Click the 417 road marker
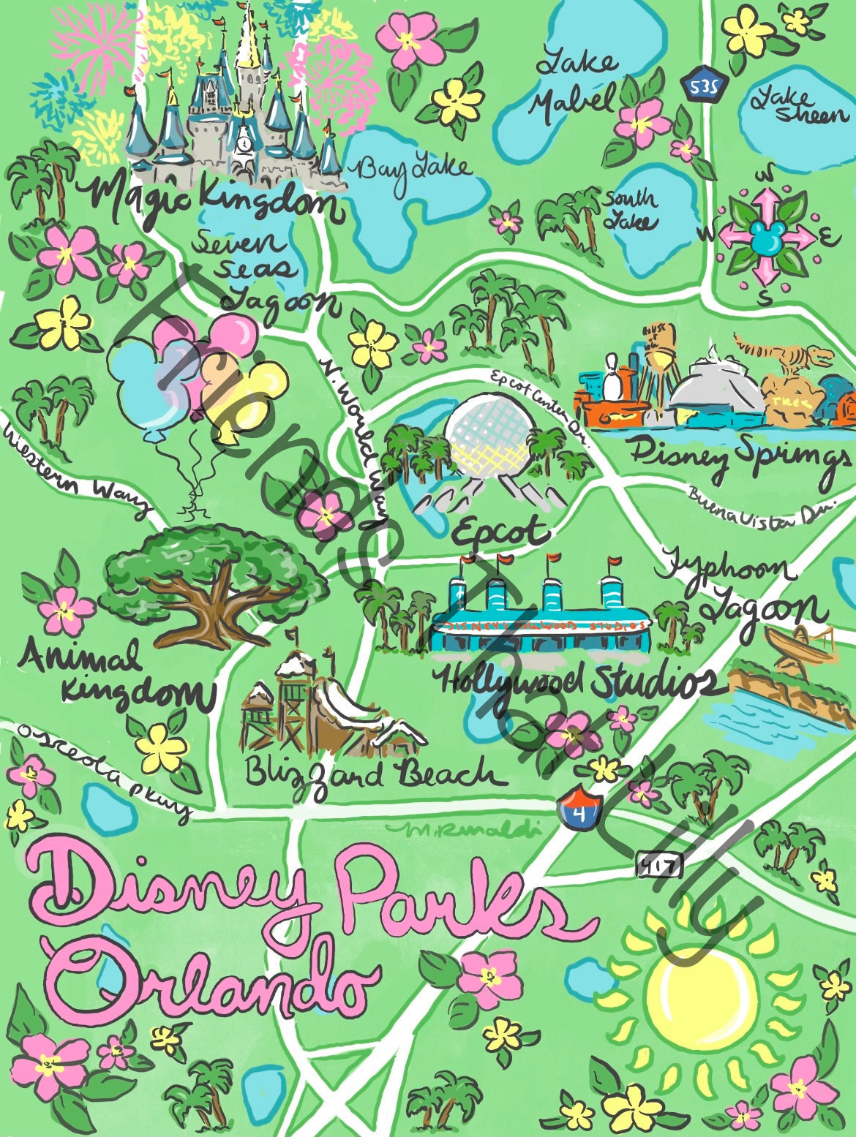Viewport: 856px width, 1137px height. click(x=659, y=867)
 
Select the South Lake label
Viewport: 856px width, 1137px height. click(x=629, y=209)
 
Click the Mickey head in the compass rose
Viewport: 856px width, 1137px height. click(x=767, y=235)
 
